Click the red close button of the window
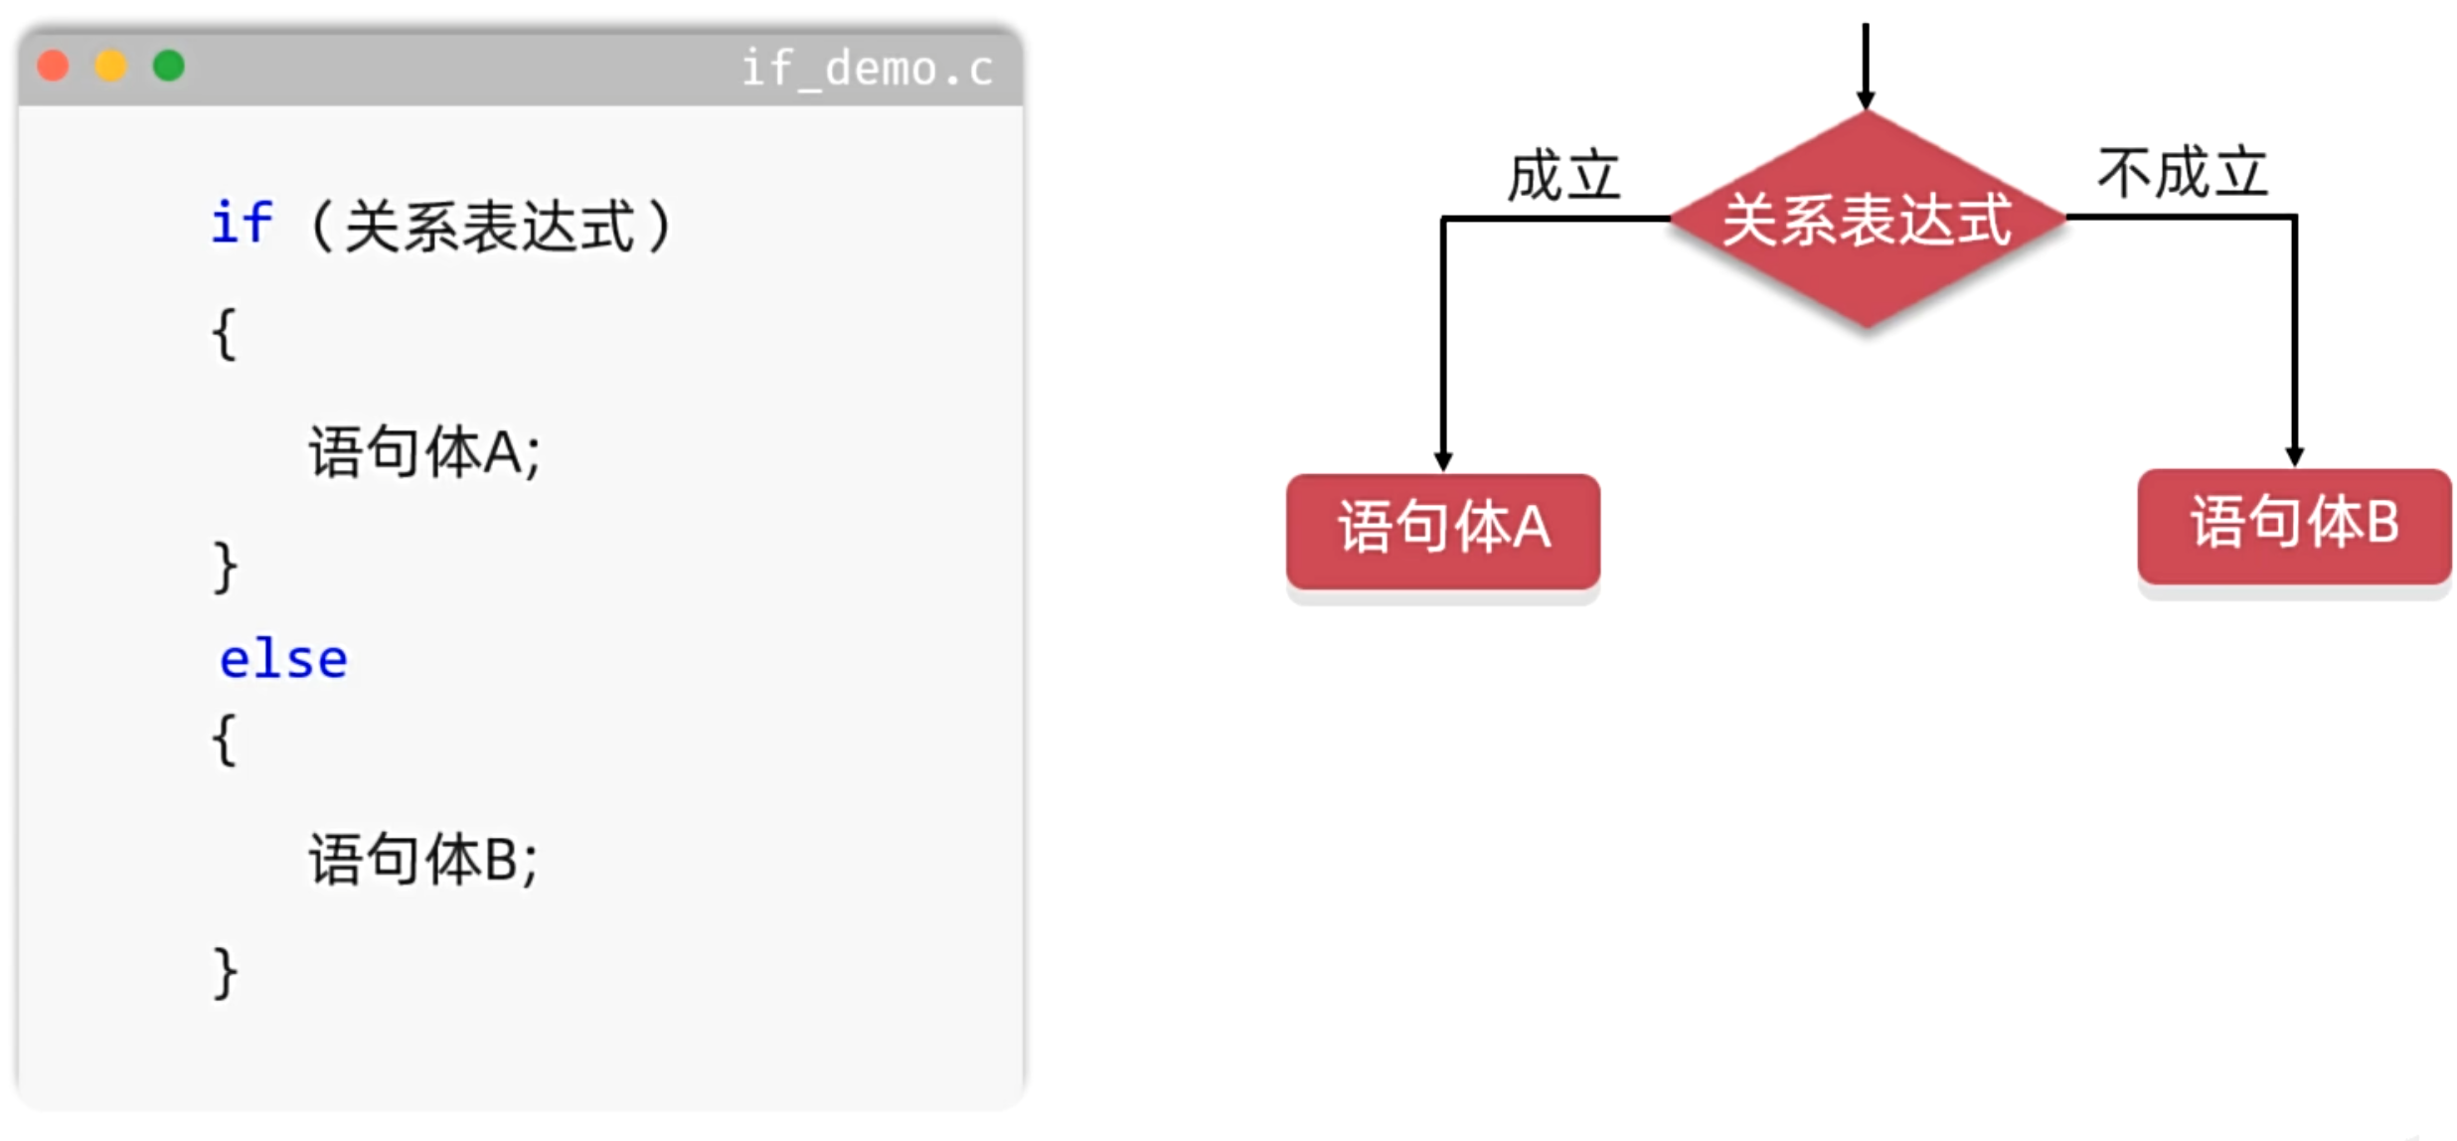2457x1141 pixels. coord(53,66)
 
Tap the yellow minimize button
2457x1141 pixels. coord(110,66)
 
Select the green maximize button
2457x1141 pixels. coord(169,66)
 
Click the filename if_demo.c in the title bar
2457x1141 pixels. coord(867,69)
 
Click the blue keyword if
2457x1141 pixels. coord(242,223)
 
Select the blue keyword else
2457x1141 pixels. coord(283,660)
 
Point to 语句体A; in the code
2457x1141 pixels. coord(423,452)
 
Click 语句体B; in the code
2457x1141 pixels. coord(422,860)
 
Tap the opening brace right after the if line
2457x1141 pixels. coord(225,334)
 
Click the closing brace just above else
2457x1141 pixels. coord(225,567)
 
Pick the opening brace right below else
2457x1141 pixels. coord(225,739)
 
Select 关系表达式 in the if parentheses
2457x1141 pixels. coord(490,226)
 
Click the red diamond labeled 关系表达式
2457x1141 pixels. coord(1867,220)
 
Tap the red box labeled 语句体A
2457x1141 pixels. coord(1442,531)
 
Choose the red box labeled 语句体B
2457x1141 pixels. coord(2294,526)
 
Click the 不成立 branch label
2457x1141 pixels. coord(2183,173)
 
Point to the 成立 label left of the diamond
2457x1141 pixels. coord(1563,177)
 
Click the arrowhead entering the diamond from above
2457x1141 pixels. coord(1866,99)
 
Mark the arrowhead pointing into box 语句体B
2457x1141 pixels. coord(2294,456)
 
